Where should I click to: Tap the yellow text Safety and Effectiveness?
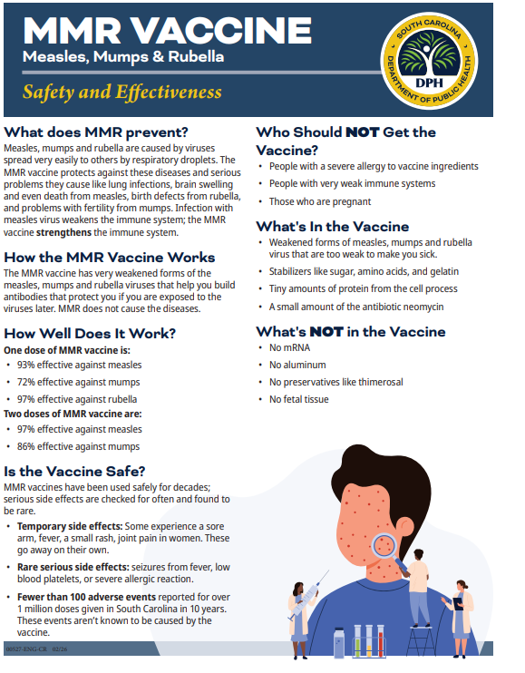click(122, 92)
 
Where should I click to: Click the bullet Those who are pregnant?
click(307, 201)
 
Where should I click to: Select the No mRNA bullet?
click(290, 348)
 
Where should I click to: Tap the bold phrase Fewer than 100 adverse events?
click(80, 597)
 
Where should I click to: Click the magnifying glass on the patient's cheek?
click(384, 545)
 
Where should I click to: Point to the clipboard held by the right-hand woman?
click(459, 601)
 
